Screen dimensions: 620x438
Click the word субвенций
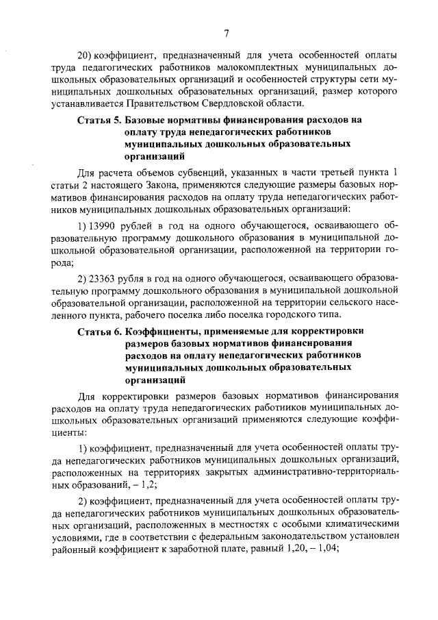coord(209,171)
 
